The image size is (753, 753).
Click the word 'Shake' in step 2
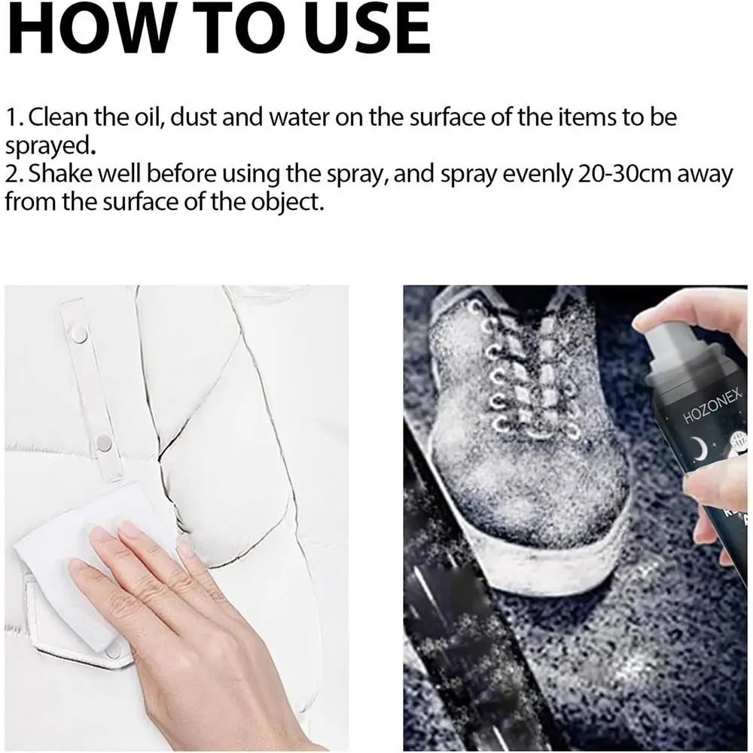60,174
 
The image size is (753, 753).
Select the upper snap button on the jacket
79,336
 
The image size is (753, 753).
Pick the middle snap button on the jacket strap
104,444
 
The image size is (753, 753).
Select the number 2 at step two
13,175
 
